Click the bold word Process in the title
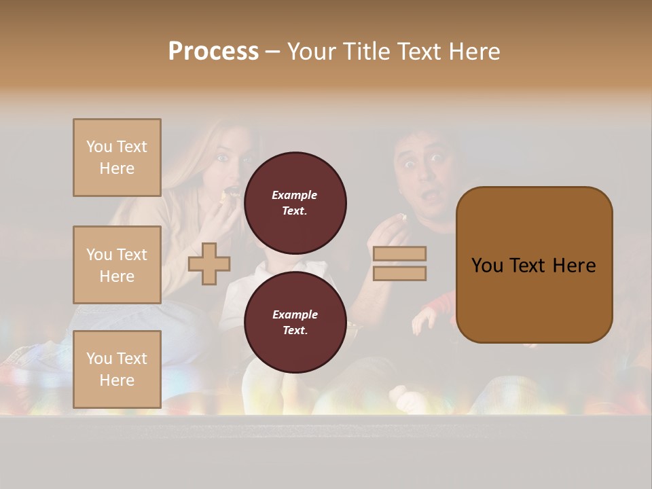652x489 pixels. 213,52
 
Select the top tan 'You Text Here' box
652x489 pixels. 117,158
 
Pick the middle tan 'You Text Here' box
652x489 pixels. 117,265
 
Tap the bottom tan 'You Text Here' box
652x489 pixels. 117,369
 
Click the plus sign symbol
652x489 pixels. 209,264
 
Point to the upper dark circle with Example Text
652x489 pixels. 295,202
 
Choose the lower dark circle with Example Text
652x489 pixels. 295,322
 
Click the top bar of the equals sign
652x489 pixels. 399,253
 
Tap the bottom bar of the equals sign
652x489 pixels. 399,273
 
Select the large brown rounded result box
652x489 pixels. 534,265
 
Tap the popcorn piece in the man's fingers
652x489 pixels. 402,219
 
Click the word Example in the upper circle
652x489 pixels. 295,196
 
